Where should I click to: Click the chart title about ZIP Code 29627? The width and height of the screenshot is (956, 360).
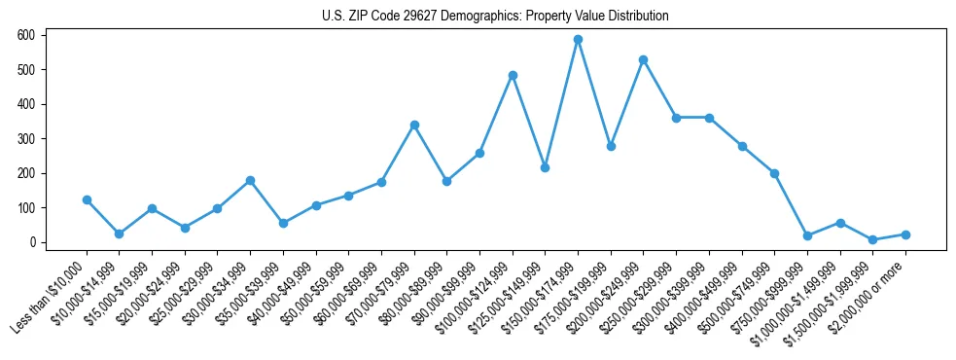(495, 17)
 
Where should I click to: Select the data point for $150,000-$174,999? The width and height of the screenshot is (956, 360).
(578, 40)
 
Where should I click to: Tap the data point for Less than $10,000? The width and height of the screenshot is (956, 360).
(87, 199)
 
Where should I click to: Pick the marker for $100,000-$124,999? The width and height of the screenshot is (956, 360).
(513, 75)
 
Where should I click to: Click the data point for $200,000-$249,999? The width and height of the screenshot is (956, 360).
(643, 59)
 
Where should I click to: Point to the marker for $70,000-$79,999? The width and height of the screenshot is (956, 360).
(414, 125)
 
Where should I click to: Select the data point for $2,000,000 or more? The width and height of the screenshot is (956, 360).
(905, 234)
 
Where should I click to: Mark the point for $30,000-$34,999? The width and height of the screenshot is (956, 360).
(250, 180)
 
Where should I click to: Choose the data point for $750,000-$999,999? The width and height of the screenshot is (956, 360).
(807, 235)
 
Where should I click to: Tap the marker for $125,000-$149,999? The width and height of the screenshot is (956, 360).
(545, 167)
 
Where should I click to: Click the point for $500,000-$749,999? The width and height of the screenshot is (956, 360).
(774, 173)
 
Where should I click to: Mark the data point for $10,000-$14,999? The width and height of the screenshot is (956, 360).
(119, 234)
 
